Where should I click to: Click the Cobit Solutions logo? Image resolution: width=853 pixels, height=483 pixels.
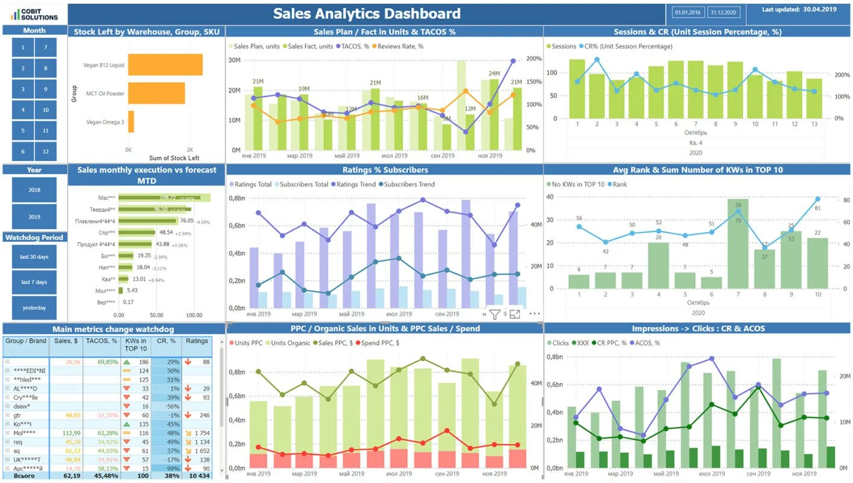[x=34, y=13]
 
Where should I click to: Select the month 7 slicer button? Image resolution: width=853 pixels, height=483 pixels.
[x=46, y=47]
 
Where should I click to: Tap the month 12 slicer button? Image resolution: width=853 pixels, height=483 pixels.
[x=46, y=152]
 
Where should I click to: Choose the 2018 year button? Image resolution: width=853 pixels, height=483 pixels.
[x=34, y=190]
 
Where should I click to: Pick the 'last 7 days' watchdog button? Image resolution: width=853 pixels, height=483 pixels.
[x=34, y=282]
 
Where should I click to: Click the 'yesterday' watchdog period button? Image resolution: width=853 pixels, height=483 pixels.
[x=34, y=308]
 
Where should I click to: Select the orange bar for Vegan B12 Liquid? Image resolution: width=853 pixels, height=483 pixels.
[x=165, y=65]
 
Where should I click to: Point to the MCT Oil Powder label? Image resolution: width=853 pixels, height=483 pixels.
[x=105, y=94]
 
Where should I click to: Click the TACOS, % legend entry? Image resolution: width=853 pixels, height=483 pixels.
[x=356, y=46]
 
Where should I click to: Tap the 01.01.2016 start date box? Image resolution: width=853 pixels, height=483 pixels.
[x=687, y=12]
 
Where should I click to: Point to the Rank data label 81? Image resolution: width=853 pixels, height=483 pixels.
[x=817, y=208]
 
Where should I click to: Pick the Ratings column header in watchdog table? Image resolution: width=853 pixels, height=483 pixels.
[x=197, y=341]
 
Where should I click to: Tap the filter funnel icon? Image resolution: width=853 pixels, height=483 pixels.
[x=494, y=314]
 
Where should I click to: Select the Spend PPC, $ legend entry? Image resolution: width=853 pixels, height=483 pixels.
[x=380, y=343]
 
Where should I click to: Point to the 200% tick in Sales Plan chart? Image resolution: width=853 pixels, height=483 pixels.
[x=533, y=59]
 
